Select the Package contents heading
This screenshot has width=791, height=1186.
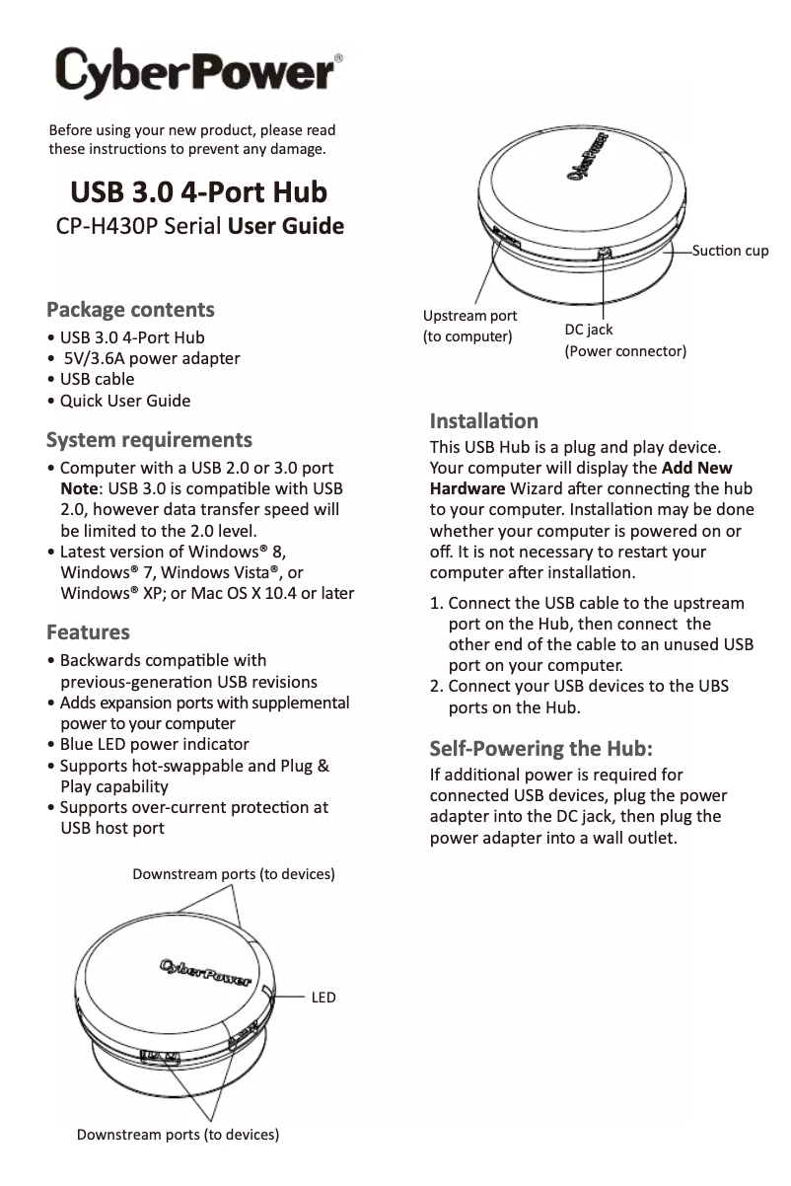131,309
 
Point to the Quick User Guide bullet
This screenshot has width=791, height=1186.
125,401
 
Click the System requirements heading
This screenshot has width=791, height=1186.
150,439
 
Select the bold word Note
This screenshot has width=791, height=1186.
79,488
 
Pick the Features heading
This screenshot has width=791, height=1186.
89,631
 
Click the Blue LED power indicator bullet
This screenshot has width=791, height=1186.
154,744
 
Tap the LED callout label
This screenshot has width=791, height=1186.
324,998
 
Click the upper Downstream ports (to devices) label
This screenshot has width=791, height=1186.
234,874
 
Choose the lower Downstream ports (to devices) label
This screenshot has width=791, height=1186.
179,1135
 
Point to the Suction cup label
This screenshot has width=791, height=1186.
730,251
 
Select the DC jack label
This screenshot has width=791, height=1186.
589,330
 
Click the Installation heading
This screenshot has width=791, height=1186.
484,422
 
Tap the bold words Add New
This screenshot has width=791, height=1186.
697,468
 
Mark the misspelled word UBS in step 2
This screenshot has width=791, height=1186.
709,686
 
